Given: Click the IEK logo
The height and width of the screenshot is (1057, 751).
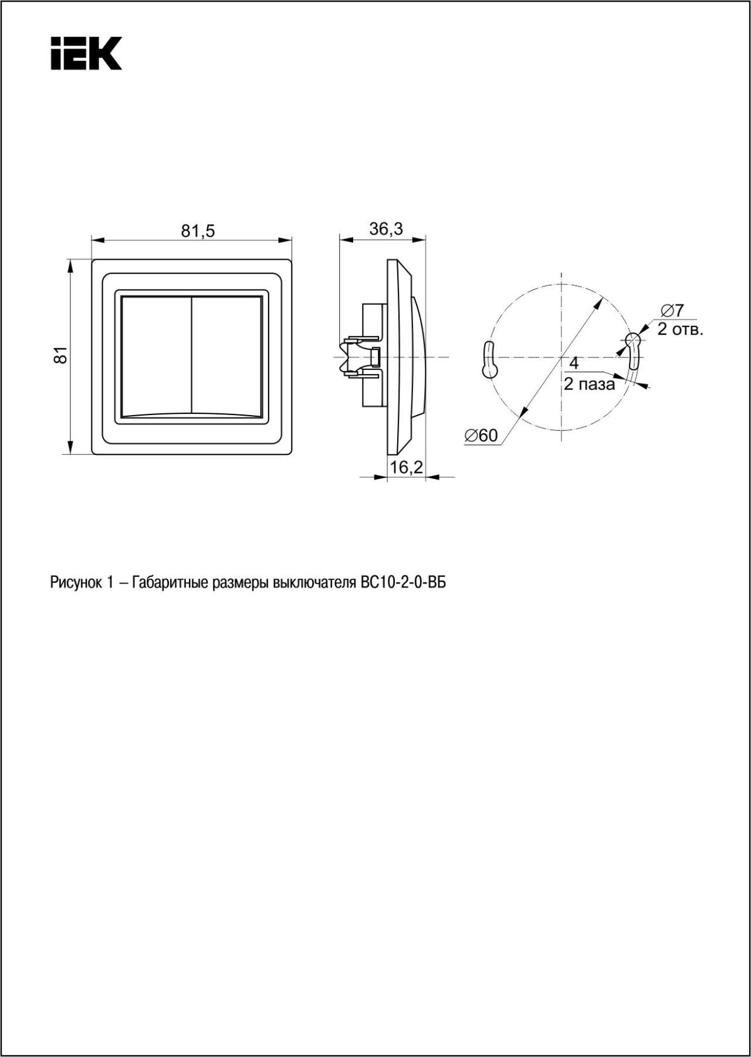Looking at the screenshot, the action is [x=86, y=53].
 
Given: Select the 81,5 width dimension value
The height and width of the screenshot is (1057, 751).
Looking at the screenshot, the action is [x=198, y=231].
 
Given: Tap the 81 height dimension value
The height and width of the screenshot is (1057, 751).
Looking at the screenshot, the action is [x=61, y=355].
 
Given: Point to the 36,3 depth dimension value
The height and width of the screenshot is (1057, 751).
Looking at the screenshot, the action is [x=386, y=229].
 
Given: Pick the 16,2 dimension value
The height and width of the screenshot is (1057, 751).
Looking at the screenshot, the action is [x=407, y=467].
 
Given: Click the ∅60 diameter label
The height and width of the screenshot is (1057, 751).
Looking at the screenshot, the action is [x=481, y=436].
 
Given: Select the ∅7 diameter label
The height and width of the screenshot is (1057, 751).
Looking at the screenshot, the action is [x=672, y=310].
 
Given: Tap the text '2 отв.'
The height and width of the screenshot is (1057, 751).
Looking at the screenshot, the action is [x=680, y=329].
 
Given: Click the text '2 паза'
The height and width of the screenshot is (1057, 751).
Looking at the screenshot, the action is [x=589, y=384].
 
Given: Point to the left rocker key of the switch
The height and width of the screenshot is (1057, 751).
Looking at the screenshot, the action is [x=157, y=355].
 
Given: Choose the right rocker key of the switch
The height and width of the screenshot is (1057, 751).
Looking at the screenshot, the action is [x=227, y=355].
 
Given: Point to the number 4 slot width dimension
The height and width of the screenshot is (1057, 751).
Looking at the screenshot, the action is [x=574, y=363].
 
